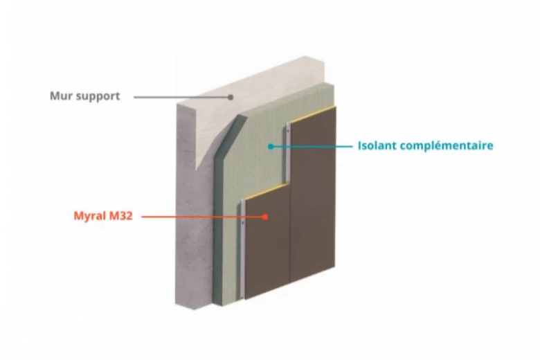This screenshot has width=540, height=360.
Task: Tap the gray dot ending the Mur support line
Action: pyautogui.click(x=231, y=97)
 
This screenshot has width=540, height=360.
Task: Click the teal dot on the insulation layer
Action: pyautogui.click(x=271, y=146)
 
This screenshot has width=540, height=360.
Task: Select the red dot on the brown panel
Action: pyautogui.click(x=264, y=217)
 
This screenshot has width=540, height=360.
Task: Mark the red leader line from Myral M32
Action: pyautogui.click(x=202, y=217)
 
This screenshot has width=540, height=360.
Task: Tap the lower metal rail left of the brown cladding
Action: pyautogui.click(x=243, y=249)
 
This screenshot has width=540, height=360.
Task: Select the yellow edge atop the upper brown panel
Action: pyautogui.click(x=312, y=114)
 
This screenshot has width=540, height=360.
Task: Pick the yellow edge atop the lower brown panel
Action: pyautogui.click(x=267, y=191)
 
